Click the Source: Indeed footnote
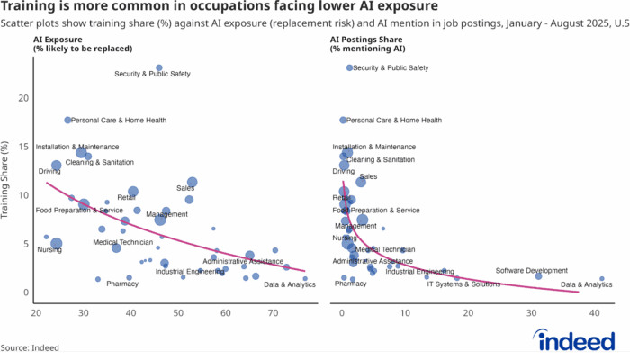[31, 346]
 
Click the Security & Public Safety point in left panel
[159, 67]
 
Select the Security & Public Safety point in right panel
[349, 67]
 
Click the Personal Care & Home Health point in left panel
[68, 120]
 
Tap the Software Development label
[532, 270]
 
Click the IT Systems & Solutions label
[463, 283]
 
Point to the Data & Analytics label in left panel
[290, 285]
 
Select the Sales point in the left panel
[192, 182]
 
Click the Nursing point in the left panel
[57, 243]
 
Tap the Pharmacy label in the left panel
[122, 283]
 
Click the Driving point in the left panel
[57, 165]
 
